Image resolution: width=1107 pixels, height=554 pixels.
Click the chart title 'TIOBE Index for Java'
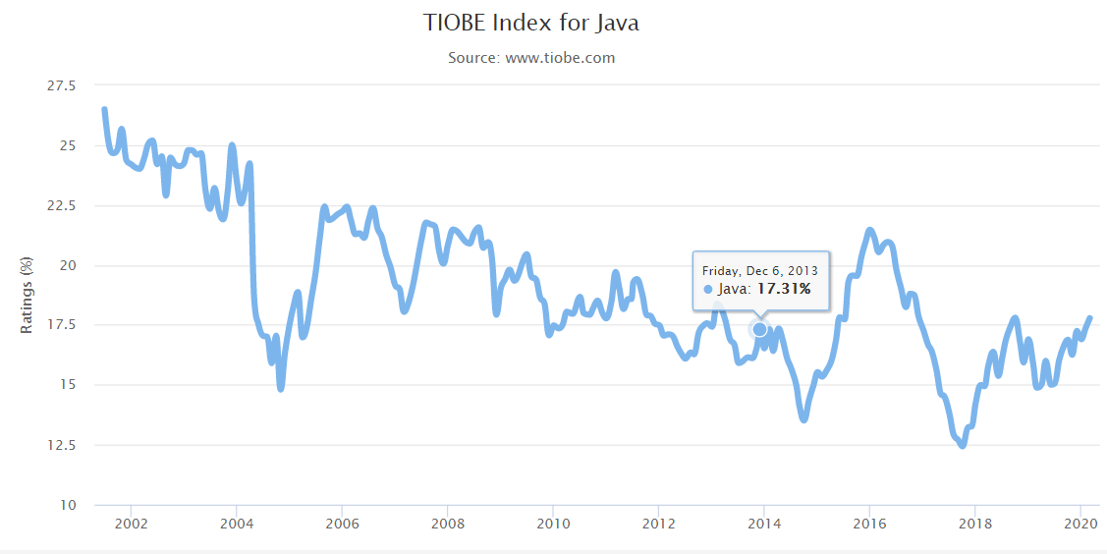(530, 23)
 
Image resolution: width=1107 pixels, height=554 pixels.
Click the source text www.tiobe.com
(531, 58)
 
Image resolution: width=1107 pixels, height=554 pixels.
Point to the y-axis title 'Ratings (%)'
(28, 295)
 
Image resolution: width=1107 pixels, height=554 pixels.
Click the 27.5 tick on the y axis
(62, 86)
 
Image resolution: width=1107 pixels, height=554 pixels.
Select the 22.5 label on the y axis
(62, 206)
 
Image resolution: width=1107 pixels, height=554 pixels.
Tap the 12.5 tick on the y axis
(62, 446)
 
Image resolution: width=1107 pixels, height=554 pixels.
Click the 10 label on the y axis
(68, 506)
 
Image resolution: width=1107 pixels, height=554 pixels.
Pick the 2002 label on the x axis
(131, 524)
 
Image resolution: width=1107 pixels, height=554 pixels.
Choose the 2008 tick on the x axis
(447, 524)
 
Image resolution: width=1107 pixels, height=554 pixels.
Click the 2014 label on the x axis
(763, 524)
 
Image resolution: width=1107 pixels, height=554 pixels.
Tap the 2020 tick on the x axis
(1079, 524)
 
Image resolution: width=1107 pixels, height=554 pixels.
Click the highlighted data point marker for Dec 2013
(759, 329)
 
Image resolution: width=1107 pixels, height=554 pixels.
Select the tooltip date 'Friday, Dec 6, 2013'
(759, 270)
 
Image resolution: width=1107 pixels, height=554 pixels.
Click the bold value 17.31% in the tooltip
(783, 289)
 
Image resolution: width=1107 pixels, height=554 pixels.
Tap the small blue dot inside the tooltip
(709, 290)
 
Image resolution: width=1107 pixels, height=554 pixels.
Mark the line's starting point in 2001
(104, 109)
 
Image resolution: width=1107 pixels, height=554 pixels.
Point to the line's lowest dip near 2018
(962, 445)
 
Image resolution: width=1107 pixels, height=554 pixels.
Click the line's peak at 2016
(869, 231)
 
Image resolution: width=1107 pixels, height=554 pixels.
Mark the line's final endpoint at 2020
(1089, 318)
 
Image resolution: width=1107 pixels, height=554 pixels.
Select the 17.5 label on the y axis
(62, 326)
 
